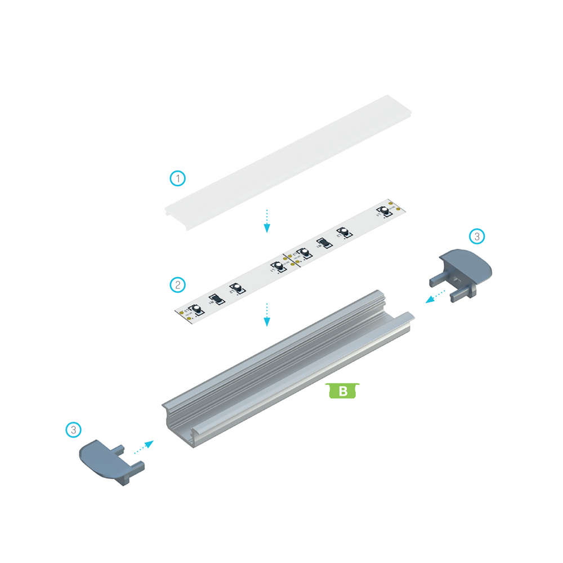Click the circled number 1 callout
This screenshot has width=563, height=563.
(x=178, y=179)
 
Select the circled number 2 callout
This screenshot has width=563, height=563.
(x=178, y=284)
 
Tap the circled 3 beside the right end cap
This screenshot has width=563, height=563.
(x=476, y=236)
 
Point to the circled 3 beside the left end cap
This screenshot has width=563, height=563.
(x=73, y=430)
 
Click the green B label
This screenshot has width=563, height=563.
(x=342, y=390)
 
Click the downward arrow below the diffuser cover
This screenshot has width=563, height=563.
(x=267, y=220)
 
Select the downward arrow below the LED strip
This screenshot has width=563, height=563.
(x=267, y=314)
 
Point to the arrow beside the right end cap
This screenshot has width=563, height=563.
(x=436, y=296)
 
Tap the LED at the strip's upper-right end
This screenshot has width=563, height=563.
(x=385, y=211)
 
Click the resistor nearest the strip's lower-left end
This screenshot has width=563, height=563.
(x=215, y=300)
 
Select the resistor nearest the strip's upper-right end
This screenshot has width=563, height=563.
(x=323, y=244)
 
